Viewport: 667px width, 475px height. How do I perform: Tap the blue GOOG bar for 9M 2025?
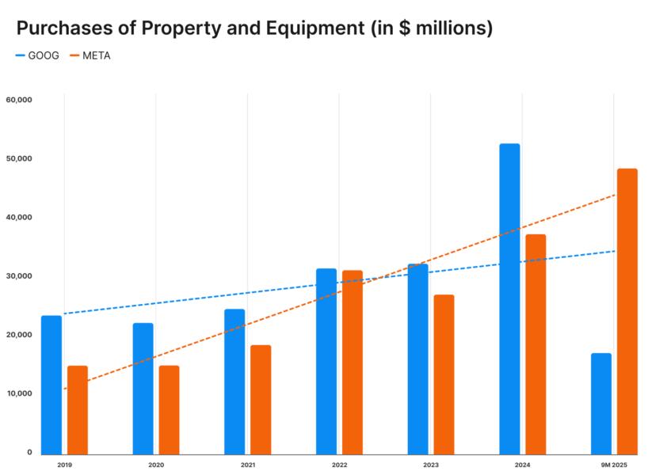[x=601, y=404]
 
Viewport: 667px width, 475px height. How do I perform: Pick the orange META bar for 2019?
[x=78, y=410]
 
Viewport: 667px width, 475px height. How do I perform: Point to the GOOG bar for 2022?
[x=326, y=361]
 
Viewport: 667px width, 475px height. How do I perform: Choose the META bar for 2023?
[x=444, y=374]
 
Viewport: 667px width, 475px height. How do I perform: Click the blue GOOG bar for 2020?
[x=143, y=389]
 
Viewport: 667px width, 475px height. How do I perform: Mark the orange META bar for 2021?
[x=261, y=400]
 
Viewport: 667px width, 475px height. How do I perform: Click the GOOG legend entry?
[x=37, y=56]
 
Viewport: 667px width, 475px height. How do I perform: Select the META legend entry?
[x=90, y=56]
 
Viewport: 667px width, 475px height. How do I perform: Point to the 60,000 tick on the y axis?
[x=18, y=100]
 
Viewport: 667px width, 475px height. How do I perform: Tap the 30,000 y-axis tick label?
[x=18, y=276]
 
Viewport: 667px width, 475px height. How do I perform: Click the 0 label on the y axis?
[x=29, y=452]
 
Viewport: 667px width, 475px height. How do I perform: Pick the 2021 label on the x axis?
[x=247, y=464]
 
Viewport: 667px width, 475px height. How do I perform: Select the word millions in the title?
[x=450, y=28]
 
